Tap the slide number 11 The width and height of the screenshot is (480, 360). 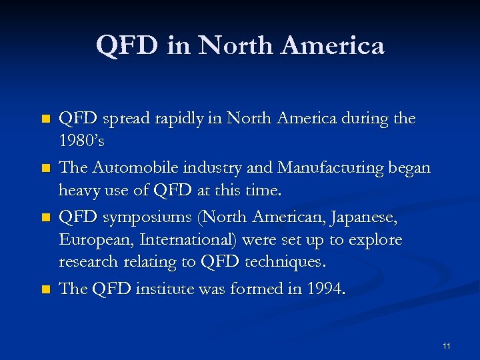(446, 345)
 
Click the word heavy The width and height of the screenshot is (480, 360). (79, 191)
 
